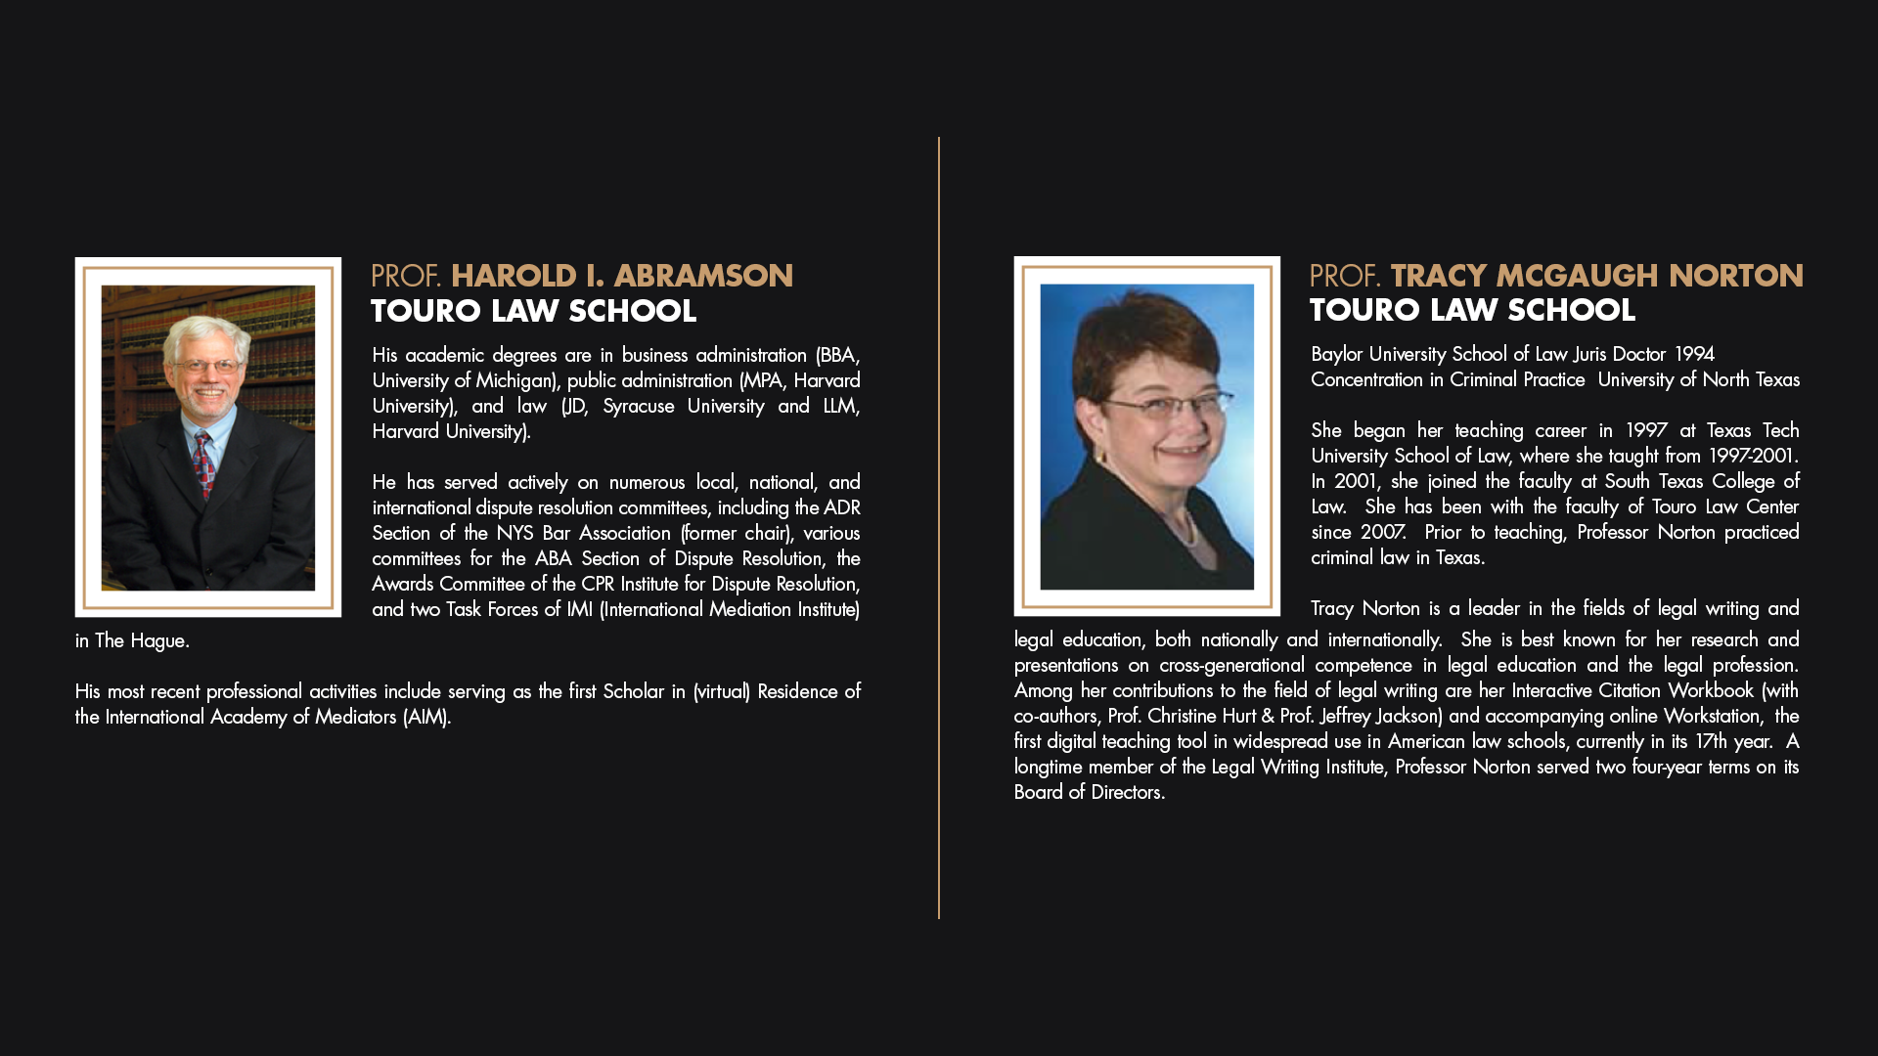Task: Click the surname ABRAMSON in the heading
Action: click(703, 277)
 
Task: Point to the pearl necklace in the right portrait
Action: click(1186, 529)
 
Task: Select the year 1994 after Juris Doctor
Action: click(1694, 354)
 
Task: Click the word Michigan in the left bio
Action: click(514, 380)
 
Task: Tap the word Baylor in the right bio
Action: click(1336, 354)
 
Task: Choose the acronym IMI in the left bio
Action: click(579, 609)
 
